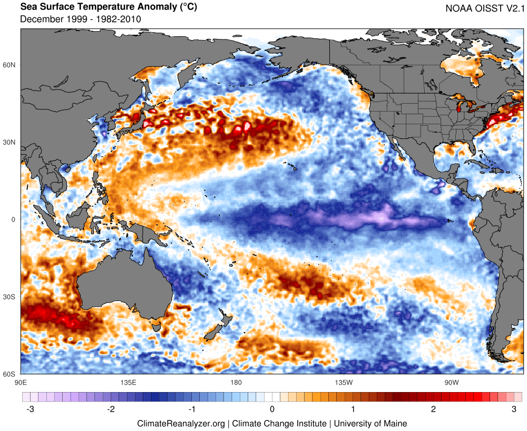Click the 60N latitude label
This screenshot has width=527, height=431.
tap(10, 65)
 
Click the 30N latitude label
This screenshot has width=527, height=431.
tap(10, 142)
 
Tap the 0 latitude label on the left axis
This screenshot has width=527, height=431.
tap(14, 219)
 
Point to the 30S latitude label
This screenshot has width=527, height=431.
tap(10, 297)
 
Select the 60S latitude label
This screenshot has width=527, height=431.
tap(10, 374)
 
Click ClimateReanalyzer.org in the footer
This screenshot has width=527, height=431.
tap(181, 423)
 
